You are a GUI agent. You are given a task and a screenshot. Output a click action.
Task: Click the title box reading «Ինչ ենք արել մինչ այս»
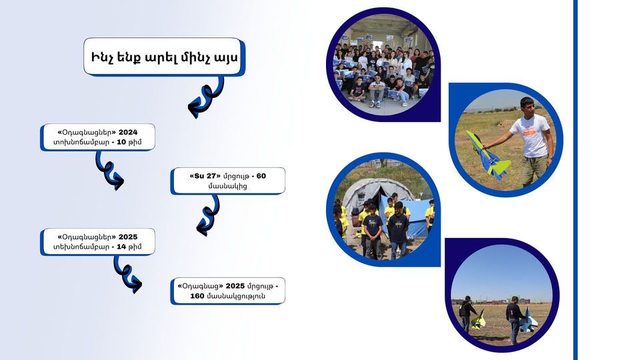pos(163,57)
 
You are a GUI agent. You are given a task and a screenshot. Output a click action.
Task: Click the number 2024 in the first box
pos(128,132)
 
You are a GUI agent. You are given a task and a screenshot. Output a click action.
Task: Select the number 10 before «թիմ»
pos(121,142)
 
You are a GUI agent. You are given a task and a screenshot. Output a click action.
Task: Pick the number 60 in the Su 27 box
pos(261,176)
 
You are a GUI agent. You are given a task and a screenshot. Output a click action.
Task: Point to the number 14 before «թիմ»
pos(121,247)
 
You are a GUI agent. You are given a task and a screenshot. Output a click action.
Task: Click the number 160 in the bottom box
pos(197,295)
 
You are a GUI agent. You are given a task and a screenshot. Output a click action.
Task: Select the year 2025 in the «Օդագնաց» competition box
pos(235,286)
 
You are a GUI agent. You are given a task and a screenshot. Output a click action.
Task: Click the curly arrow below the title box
pos(206,97)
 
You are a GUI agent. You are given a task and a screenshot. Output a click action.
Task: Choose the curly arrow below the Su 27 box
pos(209,215)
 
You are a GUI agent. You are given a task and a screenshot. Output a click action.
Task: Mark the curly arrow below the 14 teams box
pos(126,273)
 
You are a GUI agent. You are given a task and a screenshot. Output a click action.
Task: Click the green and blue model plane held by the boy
pos(488,156)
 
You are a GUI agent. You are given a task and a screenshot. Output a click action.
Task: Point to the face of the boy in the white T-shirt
pos(527,107)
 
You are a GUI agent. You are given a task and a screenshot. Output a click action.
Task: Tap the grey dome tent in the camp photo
pos(373,195)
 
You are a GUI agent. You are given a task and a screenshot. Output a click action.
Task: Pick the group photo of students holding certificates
pos(384,64)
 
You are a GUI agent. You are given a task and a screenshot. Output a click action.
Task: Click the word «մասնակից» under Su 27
pos(228,186)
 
